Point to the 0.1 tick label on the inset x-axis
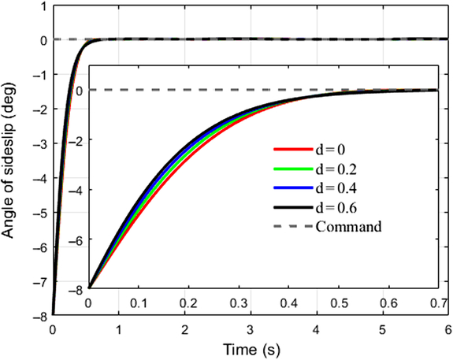pyautogui.click(x=139, y=303)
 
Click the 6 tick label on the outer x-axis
pyautogui.click(x=446, y=328)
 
